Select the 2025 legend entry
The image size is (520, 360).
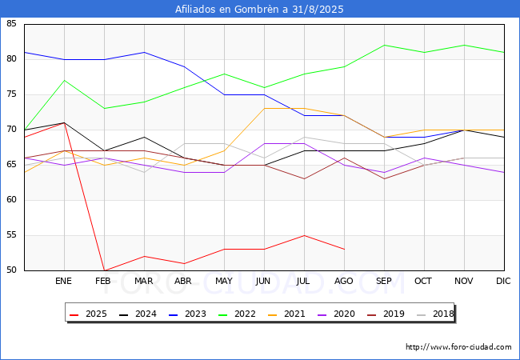coord(88,314)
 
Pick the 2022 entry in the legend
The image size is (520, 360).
coord(237,314)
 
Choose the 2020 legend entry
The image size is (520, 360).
coord(336,314)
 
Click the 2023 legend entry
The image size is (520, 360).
coord(187,314)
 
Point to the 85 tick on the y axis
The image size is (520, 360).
coord(11,23)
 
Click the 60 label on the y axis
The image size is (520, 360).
coord(11,199)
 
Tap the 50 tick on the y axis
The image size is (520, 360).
coord(11,270)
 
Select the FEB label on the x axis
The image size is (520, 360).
coord(103,281)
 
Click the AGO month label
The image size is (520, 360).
coord(343,281)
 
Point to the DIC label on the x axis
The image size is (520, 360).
coord(503,281)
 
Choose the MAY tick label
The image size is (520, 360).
coord(224,281)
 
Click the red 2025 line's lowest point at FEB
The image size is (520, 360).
coord(105,270)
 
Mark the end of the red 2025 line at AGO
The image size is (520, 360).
coord(345,250)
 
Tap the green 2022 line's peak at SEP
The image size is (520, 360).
coord(384,45)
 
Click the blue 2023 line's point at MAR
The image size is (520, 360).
coord(144,52)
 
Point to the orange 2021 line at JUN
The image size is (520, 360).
coord(264,108)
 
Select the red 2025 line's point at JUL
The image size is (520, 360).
coord(305,235)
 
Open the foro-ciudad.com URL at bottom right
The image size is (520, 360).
coord(458,347)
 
